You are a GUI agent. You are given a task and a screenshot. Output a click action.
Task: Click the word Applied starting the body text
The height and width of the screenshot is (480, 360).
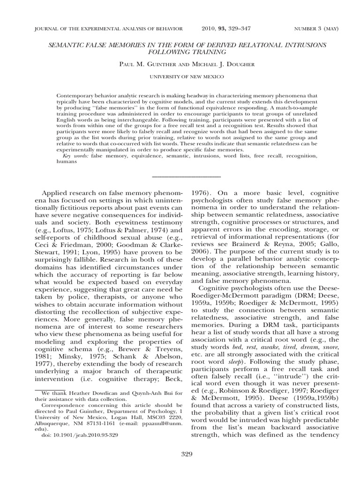pos(56,192)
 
